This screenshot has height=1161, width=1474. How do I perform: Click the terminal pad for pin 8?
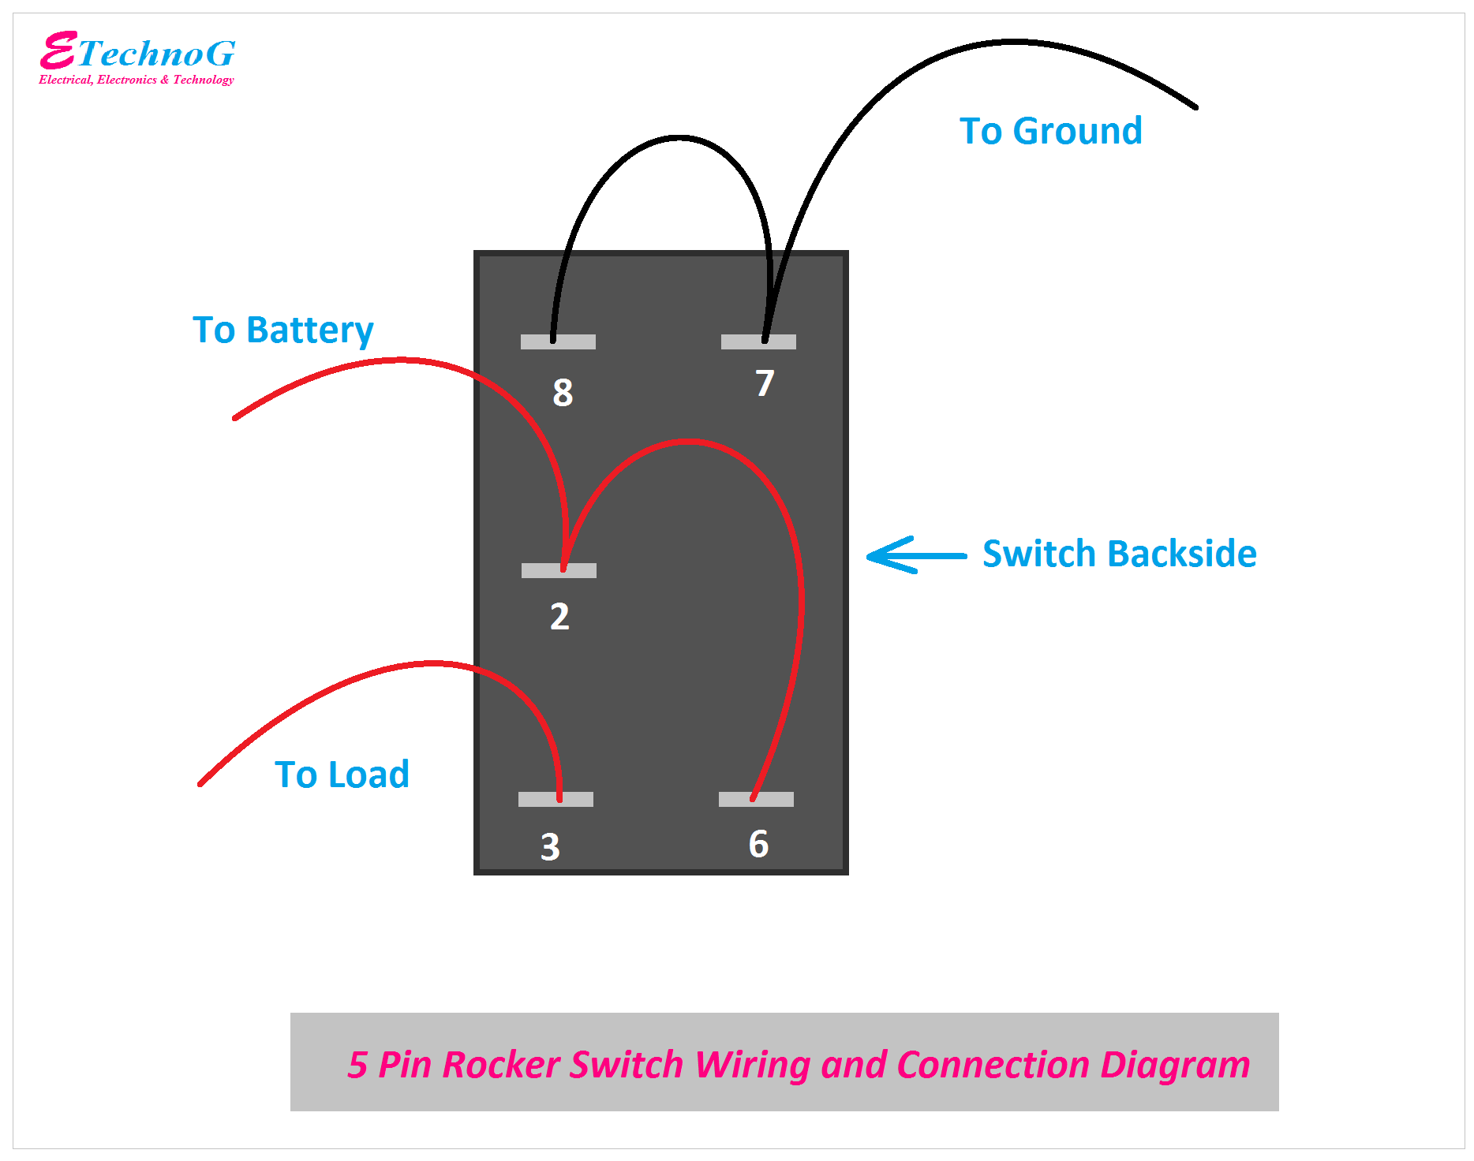(558, 342)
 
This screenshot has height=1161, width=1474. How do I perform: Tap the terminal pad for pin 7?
(758, 342)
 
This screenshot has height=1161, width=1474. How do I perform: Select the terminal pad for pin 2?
(559, 570)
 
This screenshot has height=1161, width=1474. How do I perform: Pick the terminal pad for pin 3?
(556, 799)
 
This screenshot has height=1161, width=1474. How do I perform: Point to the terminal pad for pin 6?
(756, 799)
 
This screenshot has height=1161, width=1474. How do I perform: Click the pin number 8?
(563, 392)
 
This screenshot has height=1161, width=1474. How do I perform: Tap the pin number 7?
(765, 383)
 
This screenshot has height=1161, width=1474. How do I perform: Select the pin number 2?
(559, 616)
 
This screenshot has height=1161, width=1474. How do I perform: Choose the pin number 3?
(550, 847)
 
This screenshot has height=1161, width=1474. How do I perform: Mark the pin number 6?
(758, 844)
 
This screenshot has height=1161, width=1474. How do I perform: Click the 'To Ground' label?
(1050, 131)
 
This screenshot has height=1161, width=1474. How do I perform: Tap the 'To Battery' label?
(282, 330)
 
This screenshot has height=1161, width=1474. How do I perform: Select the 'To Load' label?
(342, 775)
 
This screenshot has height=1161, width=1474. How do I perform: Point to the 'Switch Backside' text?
(1119, 554)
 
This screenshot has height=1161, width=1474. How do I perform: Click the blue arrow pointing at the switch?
(915, 555)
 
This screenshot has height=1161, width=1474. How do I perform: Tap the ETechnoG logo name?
(138, 53)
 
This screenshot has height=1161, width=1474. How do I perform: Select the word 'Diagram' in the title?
(1175, 1064)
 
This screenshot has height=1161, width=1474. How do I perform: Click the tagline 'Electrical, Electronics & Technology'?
(137, 80)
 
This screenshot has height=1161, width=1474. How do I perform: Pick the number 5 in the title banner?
(357, 1064)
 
